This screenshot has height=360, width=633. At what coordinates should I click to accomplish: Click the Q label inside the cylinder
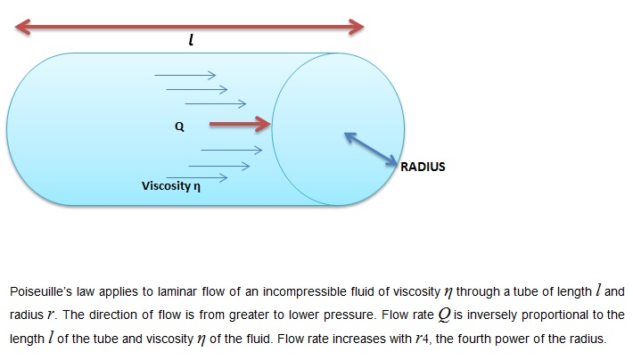(x=179, y=127)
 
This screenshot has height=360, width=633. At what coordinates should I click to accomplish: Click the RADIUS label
(x=423, y=167)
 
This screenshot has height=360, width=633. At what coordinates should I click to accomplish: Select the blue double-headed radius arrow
(x=370, y=148)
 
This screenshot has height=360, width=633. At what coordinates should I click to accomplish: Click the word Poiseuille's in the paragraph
(x=37, y=292)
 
